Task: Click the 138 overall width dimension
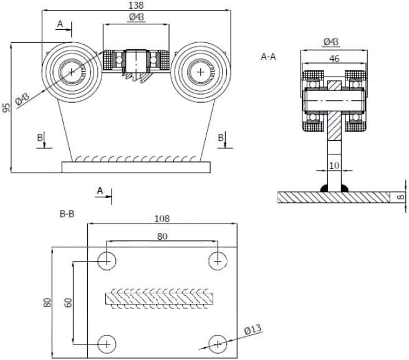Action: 135,6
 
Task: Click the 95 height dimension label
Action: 7,107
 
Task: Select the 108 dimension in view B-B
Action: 161,219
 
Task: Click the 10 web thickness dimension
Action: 334,165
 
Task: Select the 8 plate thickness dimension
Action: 402,197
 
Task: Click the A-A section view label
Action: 268,56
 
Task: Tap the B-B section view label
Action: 67,214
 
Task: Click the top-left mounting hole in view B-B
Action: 107,261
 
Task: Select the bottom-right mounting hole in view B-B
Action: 217,343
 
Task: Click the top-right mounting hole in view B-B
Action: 217,261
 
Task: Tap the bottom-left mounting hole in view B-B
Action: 107,343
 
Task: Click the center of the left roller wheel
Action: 72,72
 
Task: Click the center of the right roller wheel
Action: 200,72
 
